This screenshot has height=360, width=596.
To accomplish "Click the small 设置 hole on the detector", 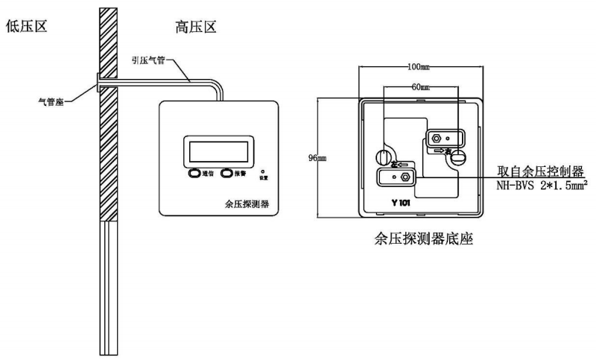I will click(262, 171).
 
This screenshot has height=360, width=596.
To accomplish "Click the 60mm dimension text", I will click(423, 86).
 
